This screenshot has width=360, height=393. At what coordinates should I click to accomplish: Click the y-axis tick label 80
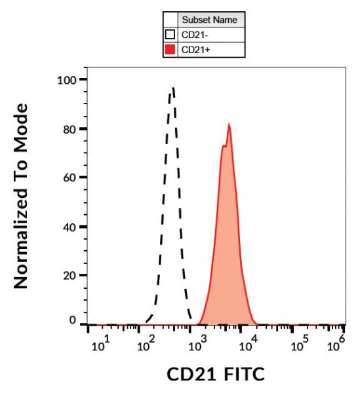pyautogui.click(x=71, y=129)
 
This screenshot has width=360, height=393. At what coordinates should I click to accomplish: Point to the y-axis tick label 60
pyautogui.click(x=71, y=178)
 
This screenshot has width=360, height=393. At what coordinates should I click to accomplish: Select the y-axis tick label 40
pyautogui.click(x=71, y=227)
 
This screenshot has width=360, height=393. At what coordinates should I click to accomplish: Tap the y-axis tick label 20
pyautogui.click(x=71, y=275)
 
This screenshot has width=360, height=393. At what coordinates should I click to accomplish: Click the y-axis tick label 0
pyautogui.click(x=73, y=320)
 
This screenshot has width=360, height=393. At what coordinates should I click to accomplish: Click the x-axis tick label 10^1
pyautogui.click(x=98, y=345)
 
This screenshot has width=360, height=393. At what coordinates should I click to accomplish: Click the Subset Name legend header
pyautogui.click(x=210, y=20)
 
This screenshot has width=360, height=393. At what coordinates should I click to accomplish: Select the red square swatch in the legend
pyautogui.click(x=170, y=49)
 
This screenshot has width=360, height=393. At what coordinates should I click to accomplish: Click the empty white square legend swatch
pyautogui.click(x=170, y=34)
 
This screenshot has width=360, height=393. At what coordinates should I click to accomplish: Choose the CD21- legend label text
pyautogui.click(x=194, y=35)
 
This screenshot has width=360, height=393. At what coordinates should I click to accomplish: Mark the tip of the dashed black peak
pyautogui.click(x=172, y=88)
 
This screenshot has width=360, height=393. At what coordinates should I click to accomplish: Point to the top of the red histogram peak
pyautogui.click(x=229, y=124)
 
